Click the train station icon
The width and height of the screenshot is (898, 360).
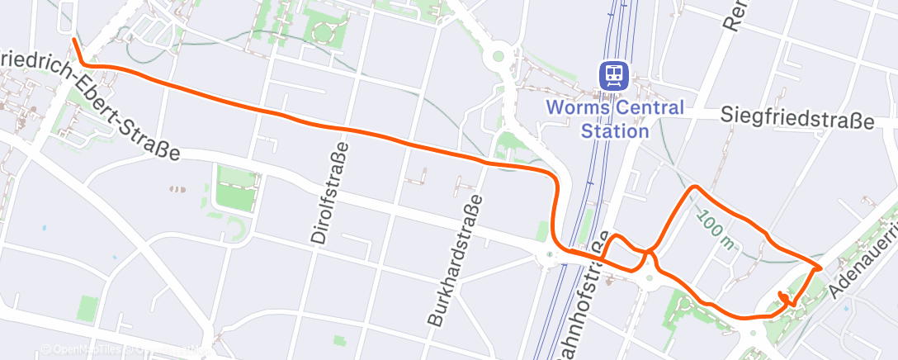coord(614,77)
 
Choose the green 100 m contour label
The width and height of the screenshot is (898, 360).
coord(715,229)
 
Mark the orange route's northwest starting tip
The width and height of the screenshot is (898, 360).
coord(74,40)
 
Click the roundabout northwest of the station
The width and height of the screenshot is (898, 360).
coord(498,57)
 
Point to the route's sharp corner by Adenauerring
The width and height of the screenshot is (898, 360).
coord(818,267)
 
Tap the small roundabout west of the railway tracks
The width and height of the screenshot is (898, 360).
coord(549,253)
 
